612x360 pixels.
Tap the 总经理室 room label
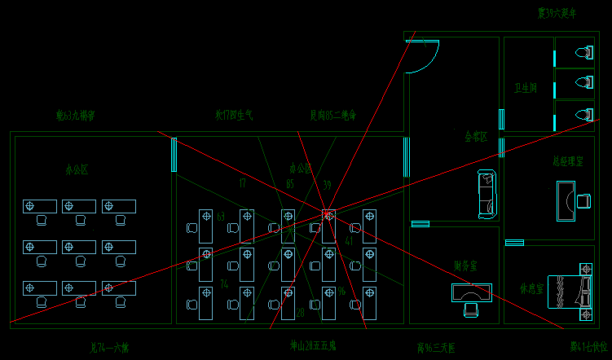pyautogui.click(x=567, y=161)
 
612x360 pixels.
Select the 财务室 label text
pyautogui.click(x=465, y=266)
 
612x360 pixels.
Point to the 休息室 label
pyautogui.click(x=531, y=288)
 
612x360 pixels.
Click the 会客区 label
pyautogui.click(x=476, y=136)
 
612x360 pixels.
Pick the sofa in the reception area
pyautogui.click(x=487, y=194)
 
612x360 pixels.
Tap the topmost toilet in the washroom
pyautogui.click(x=583, y=54)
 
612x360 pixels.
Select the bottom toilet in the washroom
pyautogui.click(x=583, y=114)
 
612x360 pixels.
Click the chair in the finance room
pyautogui.click(x=471, y=309)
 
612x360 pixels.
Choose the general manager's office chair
pyautogui.click(x=583, y=200)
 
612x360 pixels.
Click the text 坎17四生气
pyautogui.click(x=234, y=116)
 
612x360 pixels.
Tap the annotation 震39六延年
pyautogui.click(x=557, y=13)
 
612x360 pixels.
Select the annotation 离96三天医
pyautogui.click(x=436, y=349)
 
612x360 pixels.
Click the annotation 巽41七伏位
pyautogui.click(x=589, y=348)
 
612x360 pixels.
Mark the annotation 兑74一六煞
pyautogui.click(x=110, y=348)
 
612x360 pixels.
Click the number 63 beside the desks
pyautogui.click(x=221, y=217)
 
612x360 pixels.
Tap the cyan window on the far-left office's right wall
pyautogui.click(x=174, y=154)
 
